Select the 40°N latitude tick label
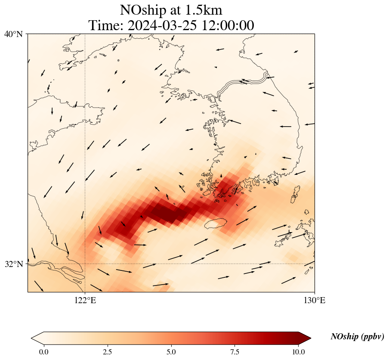coord(13,34)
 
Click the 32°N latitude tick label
coord(13,264)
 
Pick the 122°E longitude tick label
coord(85,300)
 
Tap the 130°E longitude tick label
coord(315,300)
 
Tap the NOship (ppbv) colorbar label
coord(357,337)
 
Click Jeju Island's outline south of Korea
coord(215,223)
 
